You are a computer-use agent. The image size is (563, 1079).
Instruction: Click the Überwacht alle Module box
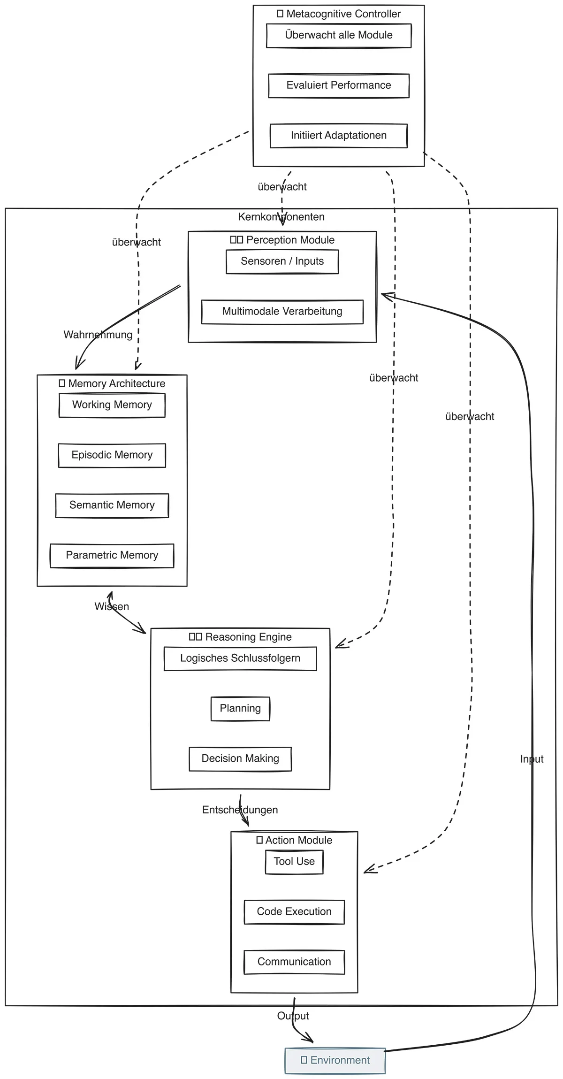pyautogui.click(x=339, y=36)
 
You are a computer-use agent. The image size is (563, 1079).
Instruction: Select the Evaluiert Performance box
pyautogui.click(x=339, y=85)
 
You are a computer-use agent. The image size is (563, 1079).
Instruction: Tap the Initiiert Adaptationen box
pyautogui.click(x=339, y=136)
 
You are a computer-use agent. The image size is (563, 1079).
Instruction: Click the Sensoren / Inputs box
pyautogui.click(x=282, y=261)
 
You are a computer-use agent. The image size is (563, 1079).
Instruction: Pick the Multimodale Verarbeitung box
pyautogui.click(x=282, y=312)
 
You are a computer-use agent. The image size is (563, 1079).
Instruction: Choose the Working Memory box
pyautogui.click(x=112, y=405)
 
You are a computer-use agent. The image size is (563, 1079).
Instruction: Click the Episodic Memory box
pyautogui.click(x=112, y=455)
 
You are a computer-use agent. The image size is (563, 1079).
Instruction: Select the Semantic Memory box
pyautogui.click(x=112, y=505)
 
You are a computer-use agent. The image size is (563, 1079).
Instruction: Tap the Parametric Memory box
pyautogui.click(x=112, y=556)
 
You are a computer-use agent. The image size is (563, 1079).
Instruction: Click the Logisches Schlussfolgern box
pyautogui.click(x=240, y=658)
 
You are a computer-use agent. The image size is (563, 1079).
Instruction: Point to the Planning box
pyautogui.click(x=240, y=709)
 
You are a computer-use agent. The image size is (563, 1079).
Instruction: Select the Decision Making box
pyautogui.click(x=240, y=759)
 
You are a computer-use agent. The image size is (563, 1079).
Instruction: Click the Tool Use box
pyautogui.click(x=294, y=862)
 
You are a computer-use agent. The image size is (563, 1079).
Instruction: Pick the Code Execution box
pyautogui.click(x=294, y=912)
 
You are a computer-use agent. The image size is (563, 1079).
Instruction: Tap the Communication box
pyautogui.click(x=294, y=962)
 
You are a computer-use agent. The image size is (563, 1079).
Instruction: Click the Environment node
pyautogui.click(x=335, y=1061)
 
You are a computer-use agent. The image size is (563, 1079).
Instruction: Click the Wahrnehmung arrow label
pyautogui.click(x=98, y=335)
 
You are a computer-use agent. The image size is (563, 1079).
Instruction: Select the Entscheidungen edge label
pyautogui.click(x=240, y=810)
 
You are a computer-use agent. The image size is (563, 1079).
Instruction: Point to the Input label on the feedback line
pyautogui.click(x=532, y=759)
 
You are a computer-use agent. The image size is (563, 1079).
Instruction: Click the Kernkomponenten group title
pyautogui.click(x=281, y=217)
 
